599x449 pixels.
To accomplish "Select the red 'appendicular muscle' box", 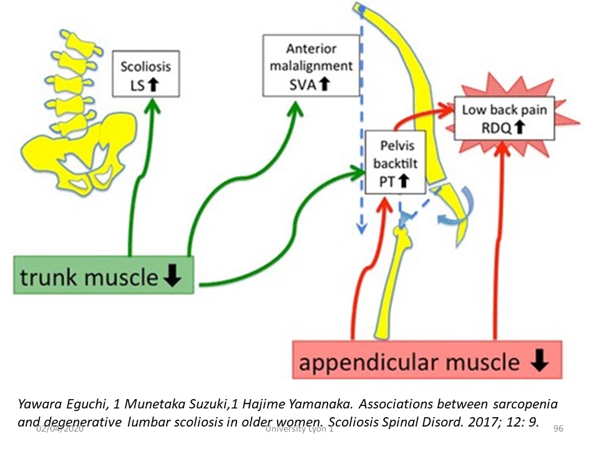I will pyautogui.click(x=427, y=360).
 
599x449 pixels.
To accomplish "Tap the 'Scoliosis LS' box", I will pyautogui.click(x=145, y=74).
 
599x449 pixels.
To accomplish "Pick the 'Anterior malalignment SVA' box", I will pyautogui.click(x=311, y=65).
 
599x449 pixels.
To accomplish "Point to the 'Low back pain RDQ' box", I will pyautogui.click(x=504, y=118).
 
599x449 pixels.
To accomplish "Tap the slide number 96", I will pyautogui.click(x=558, y=430).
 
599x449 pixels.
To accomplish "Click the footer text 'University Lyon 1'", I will pyautogui.click(x=299, y=430).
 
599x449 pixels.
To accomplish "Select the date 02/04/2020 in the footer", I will pyautogui.click(x=60, y=430).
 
